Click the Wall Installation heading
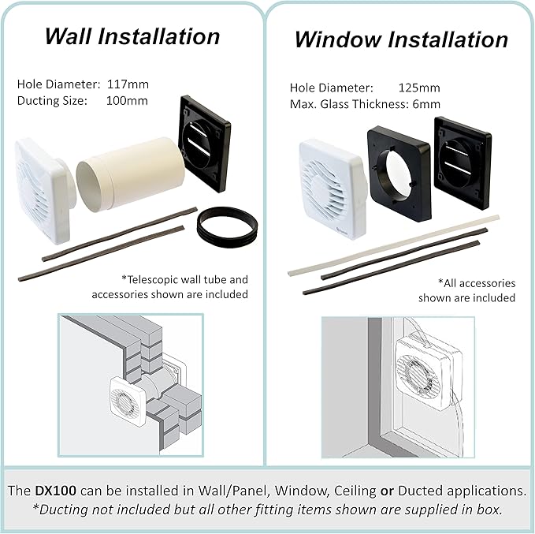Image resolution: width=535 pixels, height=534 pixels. point(132,36)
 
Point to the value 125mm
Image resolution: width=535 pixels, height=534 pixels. point(419,88)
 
